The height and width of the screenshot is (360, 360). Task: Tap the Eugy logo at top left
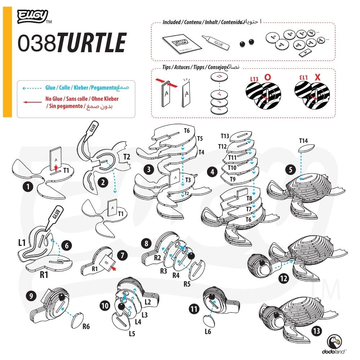[32, 16]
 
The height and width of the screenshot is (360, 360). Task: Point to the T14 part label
[304, 141]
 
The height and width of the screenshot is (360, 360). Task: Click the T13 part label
[225, 136]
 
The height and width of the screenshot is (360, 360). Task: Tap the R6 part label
[86, 327]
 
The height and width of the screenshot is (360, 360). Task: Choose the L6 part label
[208, 332]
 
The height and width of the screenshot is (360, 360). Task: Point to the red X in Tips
[317, 77]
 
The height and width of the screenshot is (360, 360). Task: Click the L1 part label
[22, 243]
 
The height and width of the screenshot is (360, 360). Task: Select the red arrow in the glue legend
[31, 102]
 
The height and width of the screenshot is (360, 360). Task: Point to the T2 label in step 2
[127, 157]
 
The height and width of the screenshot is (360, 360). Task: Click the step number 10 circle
[105, 306]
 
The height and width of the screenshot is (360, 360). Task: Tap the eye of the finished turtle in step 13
[278, 316]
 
